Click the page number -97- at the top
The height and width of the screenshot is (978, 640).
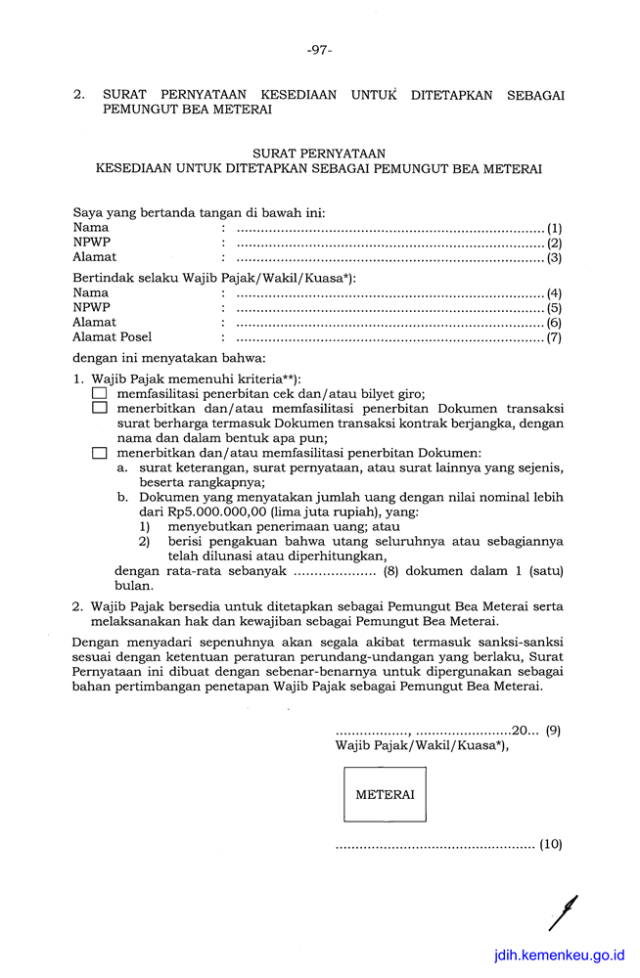(319, 49)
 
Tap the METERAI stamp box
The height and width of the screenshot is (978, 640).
(385, 794)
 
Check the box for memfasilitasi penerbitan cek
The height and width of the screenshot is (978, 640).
(99, 393)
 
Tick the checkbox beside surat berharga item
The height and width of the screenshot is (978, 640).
(99, 408)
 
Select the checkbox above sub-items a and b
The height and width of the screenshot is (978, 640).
(99, 453)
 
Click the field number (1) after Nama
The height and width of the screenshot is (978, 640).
(554, 228)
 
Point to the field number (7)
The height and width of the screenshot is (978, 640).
(554, 337)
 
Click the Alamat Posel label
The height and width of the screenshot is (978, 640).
(113, 337)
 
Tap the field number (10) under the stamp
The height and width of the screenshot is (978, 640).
(551, 844)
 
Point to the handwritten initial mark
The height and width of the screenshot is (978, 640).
(564, 911)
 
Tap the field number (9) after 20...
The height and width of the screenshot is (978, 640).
(553, 730)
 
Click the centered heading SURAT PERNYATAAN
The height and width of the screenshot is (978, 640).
(319, 154)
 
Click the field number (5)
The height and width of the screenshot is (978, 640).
(554, 307)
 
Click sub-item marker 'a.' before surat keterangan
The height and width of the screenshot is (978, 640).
(122, 467)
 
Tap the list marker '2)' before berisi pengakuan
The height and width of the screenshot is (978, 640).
(144, 541)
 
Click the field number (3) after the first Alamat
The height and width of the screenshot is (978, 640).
(554, 258)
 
